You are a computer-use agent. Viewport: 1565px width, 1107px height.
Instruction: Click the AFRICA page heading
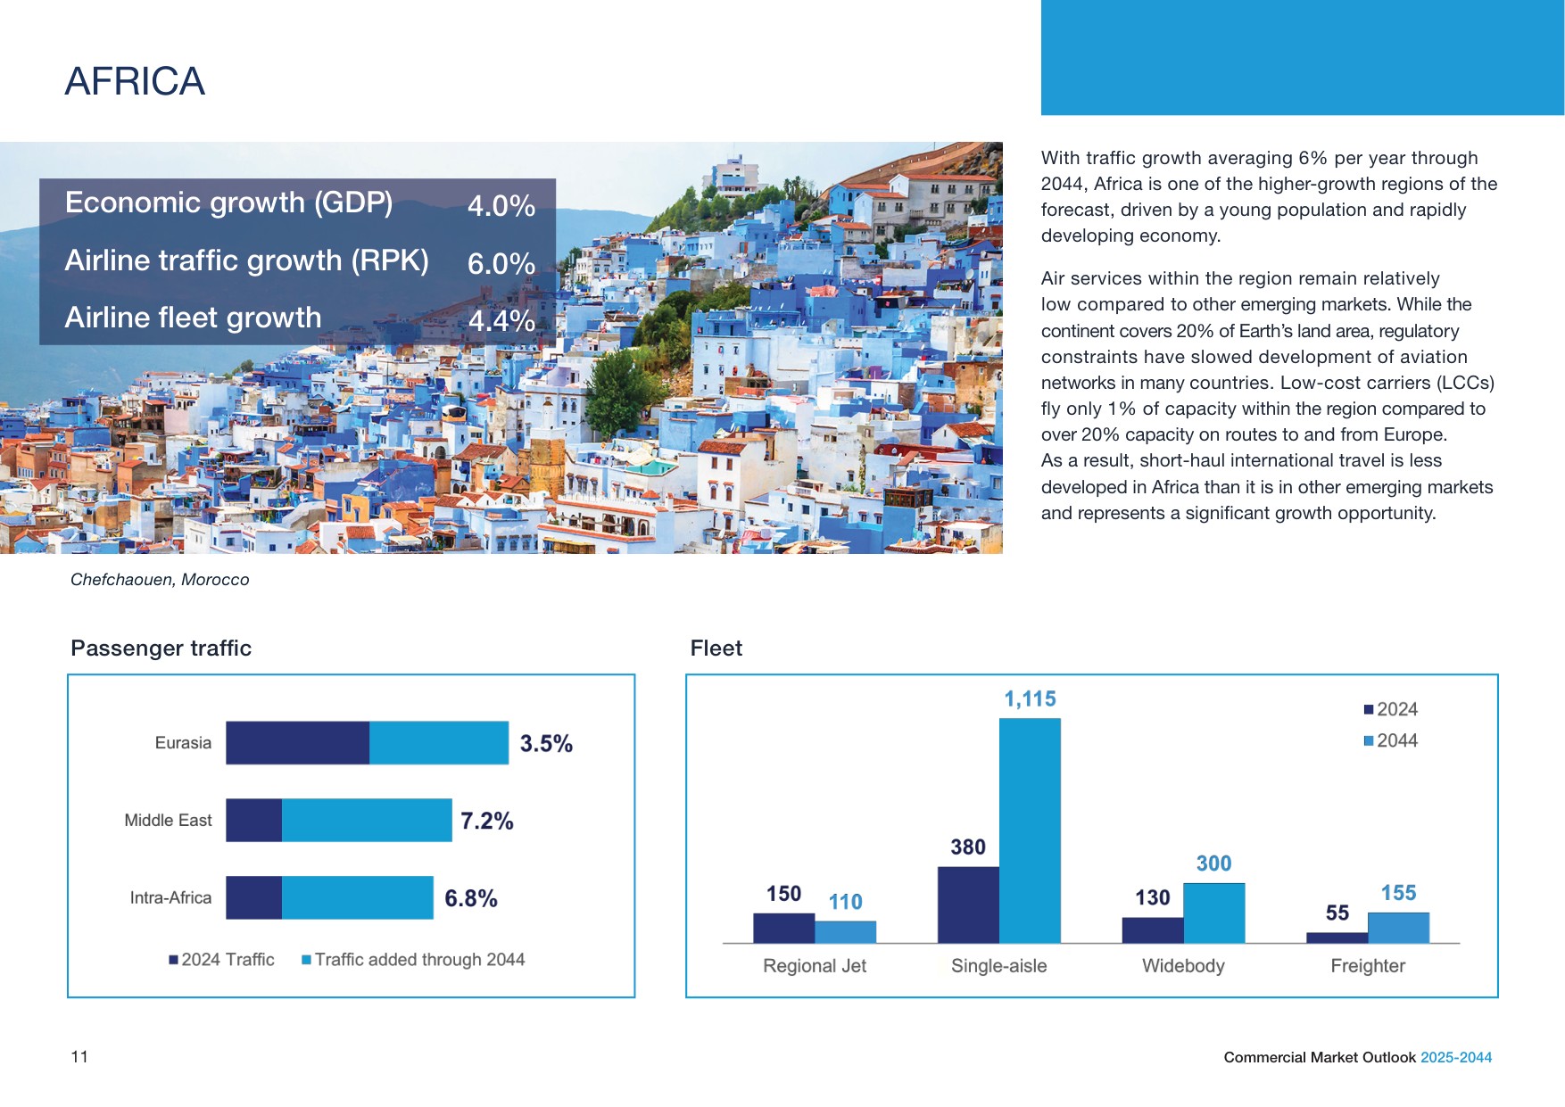click(135, 81)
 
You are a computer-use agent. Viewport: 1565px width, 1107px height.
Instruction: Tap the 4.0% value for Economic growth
click(501, 206)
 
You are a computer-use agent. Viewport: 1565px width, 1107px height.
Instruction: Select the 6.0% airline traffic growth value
click(501, 264)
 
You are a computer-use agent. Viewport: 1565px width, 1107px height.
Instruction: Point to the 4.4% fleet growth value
click(501, 321)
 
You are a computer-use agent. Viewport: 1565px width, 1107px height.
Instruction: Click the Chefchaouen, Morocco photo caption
click(160, 580)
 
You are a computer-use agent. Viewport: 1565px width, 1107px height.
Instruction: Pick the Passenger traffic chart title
click(161, 649)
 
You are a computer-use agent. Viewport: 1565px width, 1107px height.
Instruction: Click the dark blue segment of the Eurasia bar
click(297, 743)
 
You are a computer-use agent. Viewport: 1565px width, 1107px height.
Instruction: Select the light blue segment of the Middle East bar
click(367, 820)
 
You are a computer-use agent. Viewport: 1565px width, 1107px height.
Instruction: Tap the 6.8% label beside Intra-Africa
click(471, 898)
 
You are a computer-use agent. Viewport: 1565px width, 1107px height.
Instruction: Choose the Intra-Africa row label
click(170, 897)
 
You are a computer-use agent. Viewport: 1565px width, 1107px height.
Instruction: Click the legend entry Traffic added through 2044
click(413, 960)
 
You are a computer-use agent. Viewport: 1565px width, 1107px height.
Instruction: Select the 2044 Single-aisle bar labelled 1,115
click(1030, 830)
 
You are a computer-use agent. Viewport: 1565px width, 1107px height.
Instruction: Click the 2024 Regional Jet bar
click(783, 928)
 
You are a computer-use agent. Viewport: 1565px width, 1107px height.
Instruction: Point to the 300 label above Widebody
click(1213, 863)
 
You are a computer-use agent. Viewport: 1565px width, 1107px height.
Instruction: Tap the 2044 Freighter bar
click(1398, 928)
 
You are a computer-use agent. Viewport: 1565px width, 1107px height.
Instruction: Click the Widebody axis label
click(1183, 966)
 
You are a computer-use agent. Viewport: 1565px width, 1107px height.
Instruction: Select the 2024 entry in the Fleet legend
click(1390, 709)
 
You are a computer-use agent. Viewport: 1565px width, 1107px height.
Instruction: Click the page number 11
click(79, 1057)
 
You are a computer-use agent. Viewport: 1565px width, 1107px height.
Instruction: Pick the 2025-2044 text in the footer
click(1456, 1057)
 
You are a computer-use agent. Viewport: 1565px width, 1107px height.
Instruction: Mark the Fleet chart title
click(716, 649)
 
